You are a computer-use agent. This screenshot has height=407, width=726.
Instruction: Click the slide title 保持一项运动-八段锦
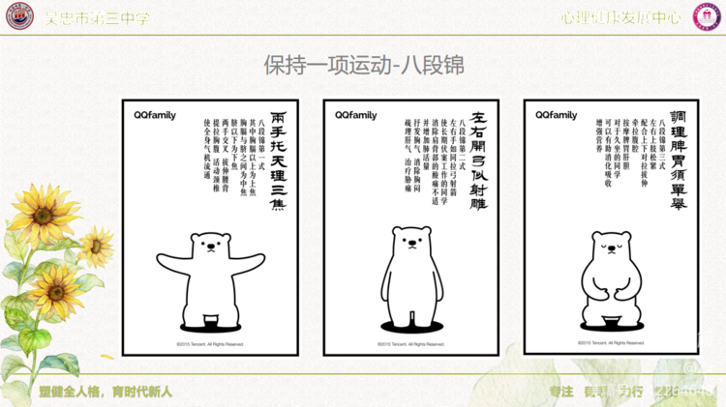coord(363,65)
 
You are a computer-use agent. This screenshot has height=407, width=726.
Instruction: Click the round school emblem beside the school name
coord(17,16)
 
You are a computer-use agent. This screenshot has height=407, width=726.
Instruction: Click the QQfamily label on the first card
coord(155,115)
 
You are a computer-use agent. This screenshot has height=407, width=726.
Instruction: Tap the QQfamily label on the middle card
coord(356,115)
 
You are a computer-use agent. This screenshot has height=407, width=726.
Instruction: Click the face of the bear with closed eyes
coord(609,250)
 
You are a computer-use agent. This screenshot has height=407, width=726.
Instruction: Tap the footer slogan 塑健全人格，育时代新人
coord(106,392)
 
